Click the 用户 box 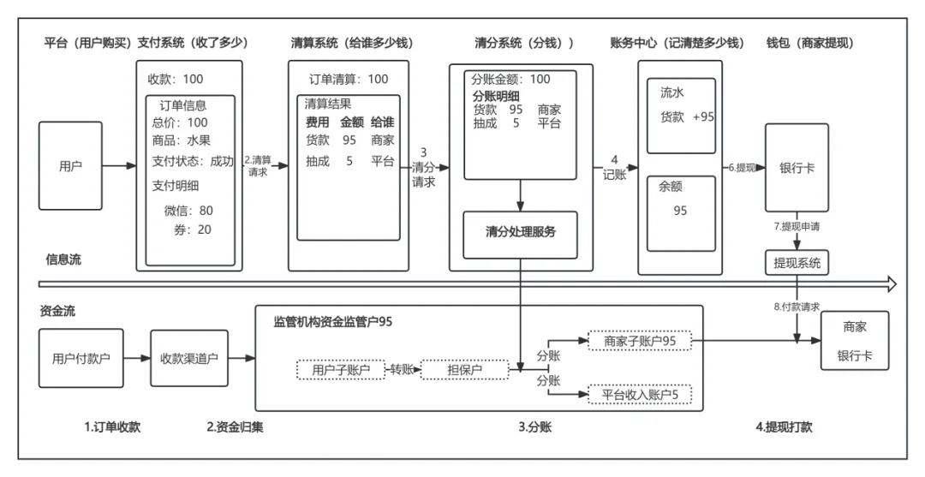70,166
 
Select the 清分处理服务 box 520,232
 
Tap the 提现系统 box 797,262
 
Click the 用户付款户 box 81,358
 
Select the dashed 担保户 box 465,370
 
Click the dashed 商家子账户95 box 640,341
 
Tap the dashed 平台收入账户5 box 640,395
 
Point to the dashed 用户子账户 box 341,370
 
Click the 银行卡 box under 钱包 797,168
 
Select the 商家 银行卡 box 855,341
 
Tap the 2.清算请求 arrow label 258,165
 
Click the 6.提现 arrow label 742,168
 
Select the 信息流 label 63,259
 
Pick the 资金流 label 57,311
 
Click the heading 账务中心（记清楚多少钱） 677,43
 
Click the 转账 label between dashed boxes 403,370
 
